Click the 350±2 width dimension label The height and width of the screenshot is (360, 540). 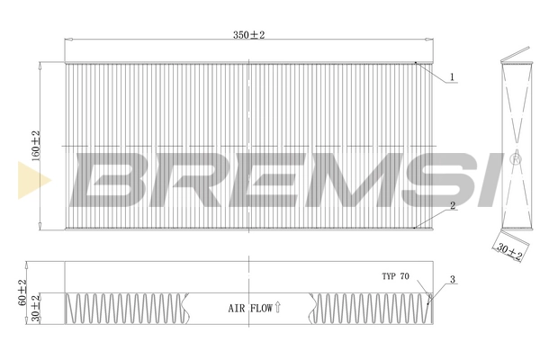[x=249, y=35]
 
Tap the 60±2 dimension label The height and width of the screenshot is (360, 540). [x=22, y=292]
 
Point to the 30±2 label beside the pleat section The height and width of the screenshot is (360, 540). [x=36, y=308]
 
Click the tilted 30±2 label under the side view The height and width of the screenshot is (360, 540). [x=509, y=251]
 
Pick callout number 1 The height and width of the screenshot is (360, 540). [x=453, y=77]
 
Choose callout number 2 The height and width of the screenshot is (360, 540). [x=453, y=206]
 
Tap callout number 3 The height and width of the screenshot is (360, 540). [x=453, y=279]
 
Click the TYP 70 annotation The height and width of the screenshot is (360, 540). [x=395, y=276]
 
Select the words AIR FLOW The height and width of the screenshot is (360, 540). [x=250, y=308]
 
